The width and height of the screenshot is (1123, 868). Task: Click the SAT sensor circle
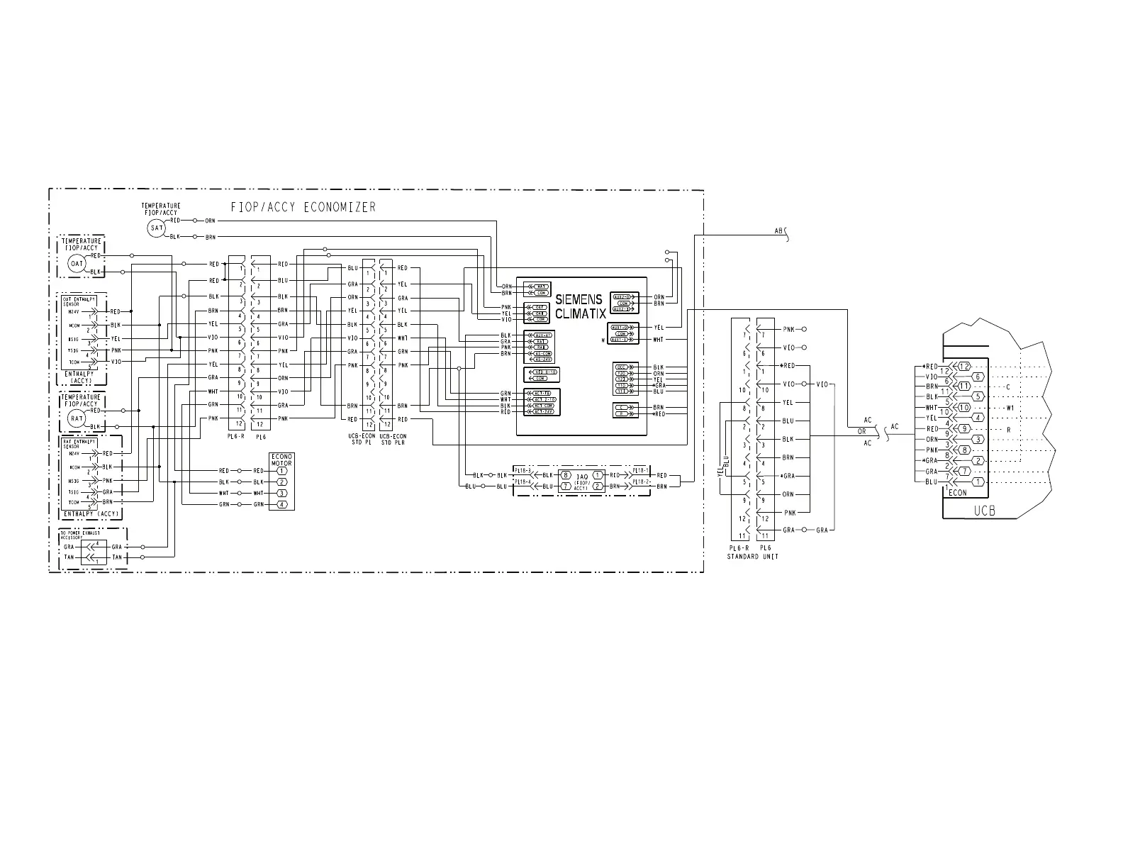point(156,228)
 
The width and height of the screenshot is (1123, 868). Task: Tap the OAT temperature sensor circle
point(77,264)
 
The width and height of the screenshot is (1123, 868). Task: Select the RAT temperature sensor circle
point(77,418)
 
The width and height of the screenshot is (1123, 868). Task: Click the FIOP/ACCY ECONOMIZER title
point(303,207)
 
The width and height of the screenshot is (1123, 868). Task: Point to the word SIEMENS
point(579,300)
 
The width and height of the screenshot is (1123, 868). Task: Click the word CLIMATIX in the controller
point(581,314)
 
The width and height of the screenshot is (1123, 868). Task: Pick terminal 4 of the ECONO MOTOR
point(281,504)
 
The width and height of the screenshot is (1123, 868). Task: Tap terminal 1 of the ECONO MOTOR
point(281,471)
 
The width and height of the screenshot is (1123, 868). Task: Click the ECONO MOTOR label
point(281,459)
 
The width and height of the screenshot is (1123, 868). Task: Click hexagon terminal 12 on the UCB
point(963,367)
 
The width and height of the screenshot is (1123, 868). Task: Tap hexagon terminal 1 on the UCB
point(978,482)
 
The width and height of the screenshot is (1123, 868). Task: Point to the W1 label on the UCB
point(1010,408)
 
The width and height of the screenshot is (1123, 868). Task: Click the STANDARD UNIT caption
point(752,557)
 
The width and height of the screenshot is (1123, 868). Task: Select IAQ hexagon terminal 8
point(566,475)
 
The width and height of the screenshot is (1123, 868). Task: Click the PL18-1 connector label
point(640,470)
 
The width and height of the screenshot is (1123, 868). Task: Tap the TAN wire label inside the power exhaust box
point(69,557)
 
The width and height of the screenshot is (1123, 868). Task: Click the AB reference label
point(779,231)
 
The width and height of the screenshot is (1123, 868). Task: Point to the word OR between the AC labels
point(862,431)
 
